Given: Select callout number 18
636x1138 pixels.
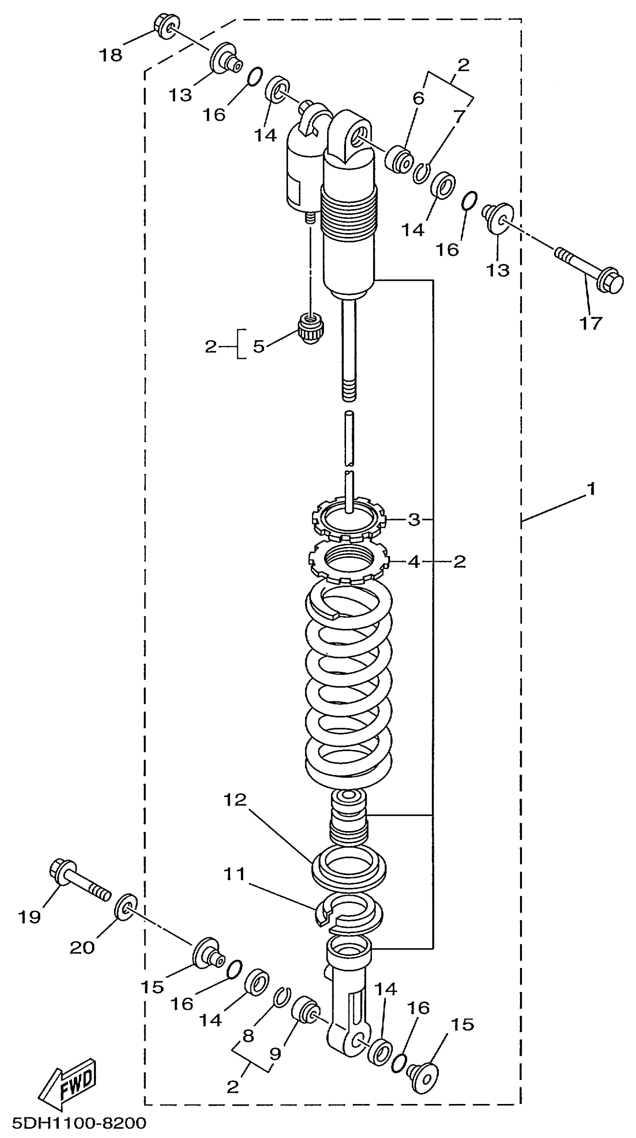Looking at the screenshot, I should click(x=110, y=56).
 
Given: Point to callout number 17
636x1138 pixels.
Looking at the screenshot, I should click(x=590, y=323).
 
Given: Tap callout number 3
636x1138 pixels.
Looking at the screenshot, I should click(x=414, y=520).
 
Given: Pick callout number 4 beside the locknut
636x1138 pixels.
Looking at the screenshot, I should click(x=414, y=562).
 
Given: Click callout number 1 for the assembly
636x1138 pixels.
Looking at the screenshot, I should click(x=591, y=489).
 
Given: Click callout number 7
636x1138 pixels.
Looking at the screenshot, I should click(x=460, y=117).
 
